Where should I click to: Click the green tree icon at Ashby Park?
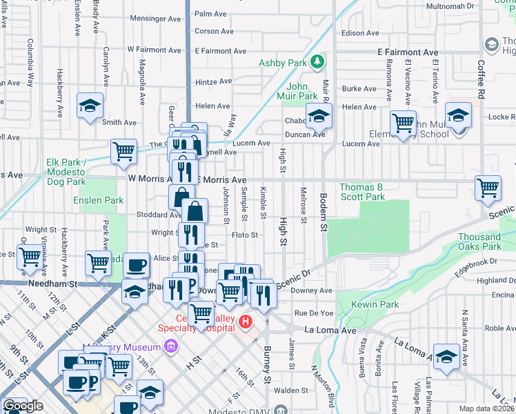pos(317,63)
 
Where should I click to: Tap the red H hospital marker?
pos(244,322)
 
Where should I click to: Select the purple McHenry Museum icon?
pos(170,346)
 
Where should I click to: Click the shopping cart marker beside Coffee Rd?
pos(488,187)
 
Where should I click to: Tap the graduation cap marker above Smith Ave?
pos(90,106)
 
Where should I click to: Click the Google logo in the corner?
pos(22,406)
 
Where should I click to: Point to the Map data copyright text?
pos(487,408)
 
